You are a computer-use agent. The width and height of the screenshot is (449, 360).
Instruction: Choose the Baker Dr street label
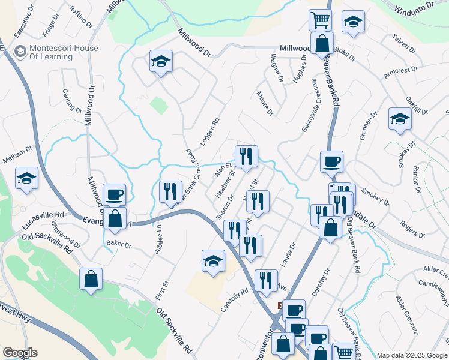(118, 243)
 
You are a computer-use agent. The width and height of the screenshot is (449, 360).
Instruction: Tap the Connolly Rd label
(234, 298)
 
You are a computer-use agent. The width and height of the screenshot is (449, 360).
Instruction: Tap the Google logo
(20, 352)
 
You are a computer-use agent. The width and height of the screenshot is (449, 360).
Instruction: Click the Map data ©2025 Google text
(412, 355)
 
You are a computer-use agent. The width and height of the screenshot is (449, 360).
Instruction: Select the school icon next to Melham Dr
(26, 178)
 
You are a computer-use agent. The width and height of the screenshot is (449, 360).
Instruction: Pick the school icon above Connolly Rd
(213, 261)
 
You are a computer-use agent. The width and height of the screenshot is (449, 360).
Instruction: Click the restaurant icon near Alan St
(246, 157)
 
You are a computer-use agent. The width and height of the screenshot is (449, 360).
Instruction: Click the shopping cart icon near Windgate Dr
(320, 20)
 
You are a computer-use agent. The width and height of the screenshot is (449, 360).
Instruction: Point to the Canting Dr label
(71, 101)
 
